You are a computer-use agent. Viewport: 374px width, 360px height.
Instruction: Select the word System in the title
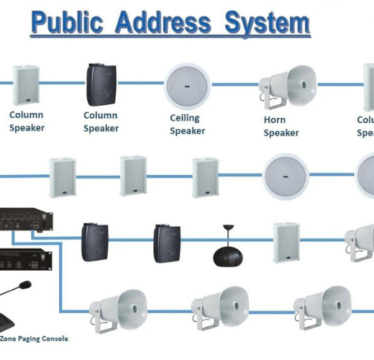tap(266, 22)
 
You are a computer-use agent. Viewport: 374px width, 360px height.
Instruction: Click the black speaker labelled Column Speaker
tap(101, 84)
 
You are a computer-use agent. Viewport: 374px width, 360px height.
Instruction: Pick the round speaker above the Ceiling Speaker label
tap(188, 85)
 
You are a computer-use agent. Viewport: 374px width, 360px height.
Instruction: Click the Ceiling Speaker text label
tap(187, 125)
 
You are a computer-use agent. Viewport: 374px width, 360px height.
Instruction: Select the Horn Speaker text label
tap(280, 127)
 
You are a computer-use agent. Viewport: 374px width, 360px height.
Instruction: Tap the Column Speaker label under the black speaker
tap(101, 122)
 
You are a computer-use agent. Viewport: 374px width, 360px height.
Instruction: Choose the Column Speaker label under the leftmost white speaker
tap(27, 121)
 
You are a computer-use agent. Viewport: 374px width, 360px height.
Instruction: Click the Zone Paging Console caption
tap(34, 338)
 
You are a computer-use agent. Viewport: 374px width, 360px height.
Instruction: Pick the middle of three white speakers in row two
tap(133, 175)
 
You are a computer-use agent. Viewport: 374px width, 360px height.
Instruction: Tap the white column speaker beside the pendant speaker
tap(286, 241)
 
